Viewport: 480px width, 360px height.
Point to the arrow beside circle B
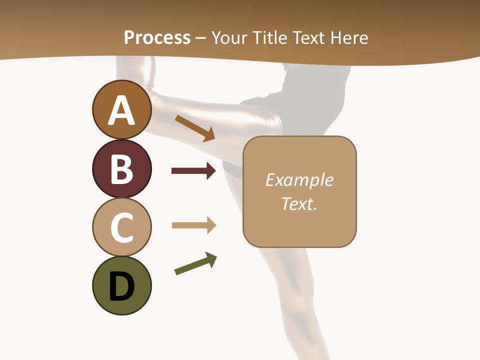coord(193,171)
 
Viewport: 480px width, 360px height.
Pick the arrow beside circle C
coord(193,225)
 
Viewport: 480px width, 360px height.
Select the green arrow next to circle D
coord(195,263)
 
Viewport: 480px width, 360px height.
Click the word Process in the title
coord(157,38)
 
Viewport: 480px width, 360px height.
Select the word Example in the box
coord(299,180)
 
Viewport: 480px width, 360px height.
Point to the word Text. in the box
coord(299,204)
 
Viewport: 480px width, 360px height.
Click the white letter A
coord(121,110)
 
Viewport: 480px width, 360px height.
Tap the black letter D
coord(121,287)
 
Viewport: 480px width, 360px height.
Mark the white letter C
coord(121,227)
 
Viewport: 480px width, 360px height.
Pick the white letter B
coord(121,169)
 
